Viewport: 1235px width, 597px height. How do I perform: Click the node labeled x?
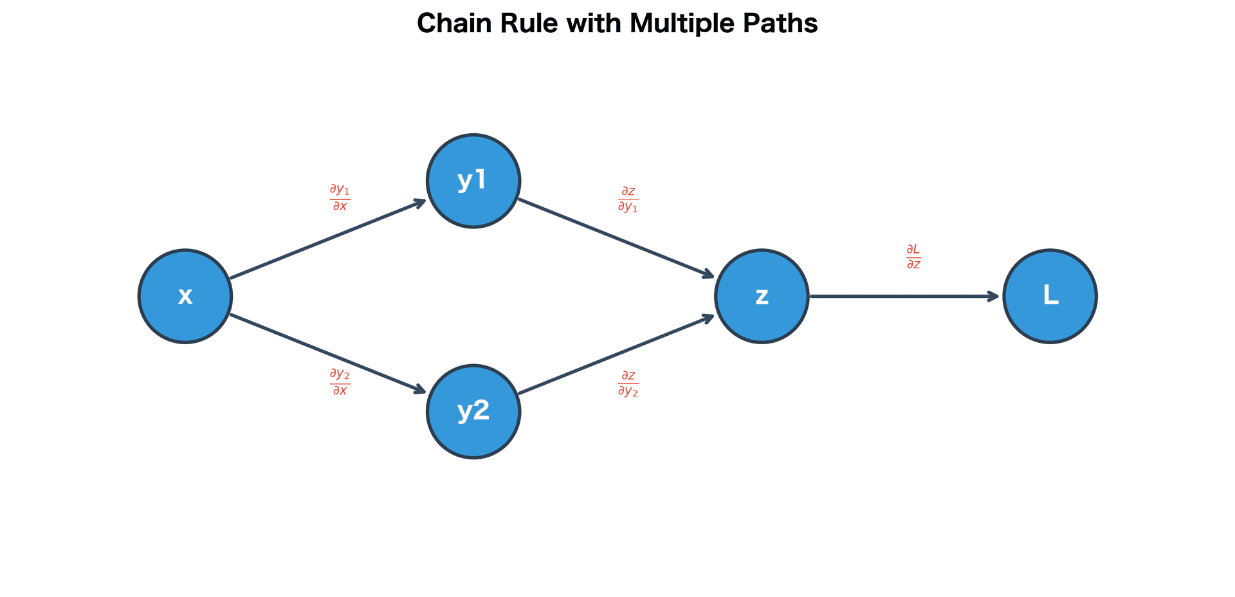(x=185, y=296)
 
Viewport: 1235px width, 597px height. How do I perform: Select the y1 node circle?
(x=473, y=181)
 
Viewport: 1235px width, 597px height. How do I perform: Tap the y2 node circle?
(x=473, y=412)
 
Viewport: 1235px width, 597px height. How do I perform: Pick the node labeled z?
(x=762, y=296)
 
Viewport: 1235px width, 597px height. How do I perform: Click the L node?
(x=1050, y=296)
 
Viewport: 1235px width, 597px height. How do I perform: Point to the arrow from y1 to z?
(x=616, y=239)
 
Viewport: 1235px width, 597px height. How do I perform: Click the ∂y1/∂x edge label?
(x=340, y=197)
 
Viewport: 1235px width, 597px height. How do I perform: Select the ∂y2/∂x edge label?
(x=340, y=381)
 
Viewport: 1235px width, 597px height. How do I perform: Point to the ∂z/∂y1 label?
(x=628, y=199)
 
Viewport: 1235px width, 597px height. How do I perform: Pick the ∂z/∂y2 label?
(x=628, y=383)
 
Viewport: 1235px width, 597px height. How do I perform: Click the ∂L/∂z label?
(x=913, y=257)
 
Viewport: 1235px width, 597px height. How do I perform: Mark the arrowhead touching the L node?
(x=993, y=297)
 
